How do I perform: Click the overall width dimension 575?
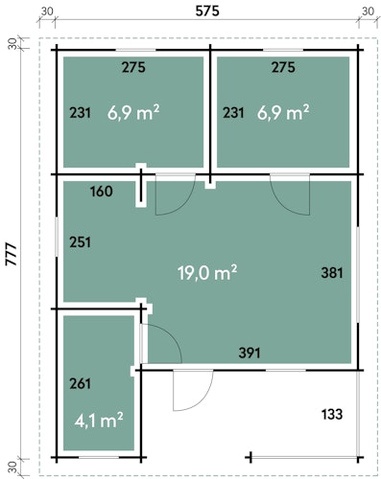tap(207, 11)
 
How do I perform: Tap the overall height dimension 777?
tap(12, 254)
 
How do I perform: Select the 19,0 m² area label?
tap(207, 273)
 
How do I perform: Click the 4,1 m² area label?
tap(99, 421)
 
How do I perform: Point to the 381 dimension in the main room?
tap(332, 273)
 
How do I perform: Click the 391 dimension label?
tap(250, 353)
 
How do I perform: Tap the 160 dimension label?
tap(102, 192)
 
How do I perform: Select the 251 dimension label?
tap(81, 242)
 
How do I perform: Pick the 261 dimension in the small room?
tap(81, 383)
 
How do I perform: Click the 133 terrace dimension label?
tap(332, 414)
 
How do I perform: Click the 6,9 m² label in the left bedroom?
tap(133, 113)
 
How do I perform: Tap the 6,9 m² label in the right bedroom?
tap(283, 113)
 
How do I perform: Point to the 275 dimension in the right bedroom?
tap(283, 67)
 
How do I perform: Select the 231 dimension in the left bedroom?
tap(81, 113)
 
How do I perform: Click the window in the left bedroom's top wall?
tap(135, 50)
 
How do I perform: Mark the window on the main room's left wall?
tap(57, 237)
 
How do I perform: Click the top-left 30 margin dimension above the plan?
tap(47, 11)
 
